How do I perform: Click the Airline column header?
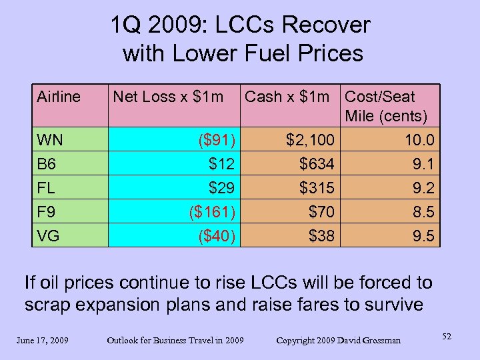(x=59, y=97)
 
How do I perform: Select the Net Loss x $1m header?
(x=168, y=97)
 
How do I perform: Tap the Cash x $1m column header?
(x=287, y=97)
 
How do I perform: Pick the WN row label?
(x=51, y=141)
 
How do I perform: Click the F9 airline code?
(x=47, y=212)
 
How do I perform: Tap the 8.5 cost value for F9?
(x=423, y=212)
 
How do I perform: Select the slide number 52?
(x=446, y=337)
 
